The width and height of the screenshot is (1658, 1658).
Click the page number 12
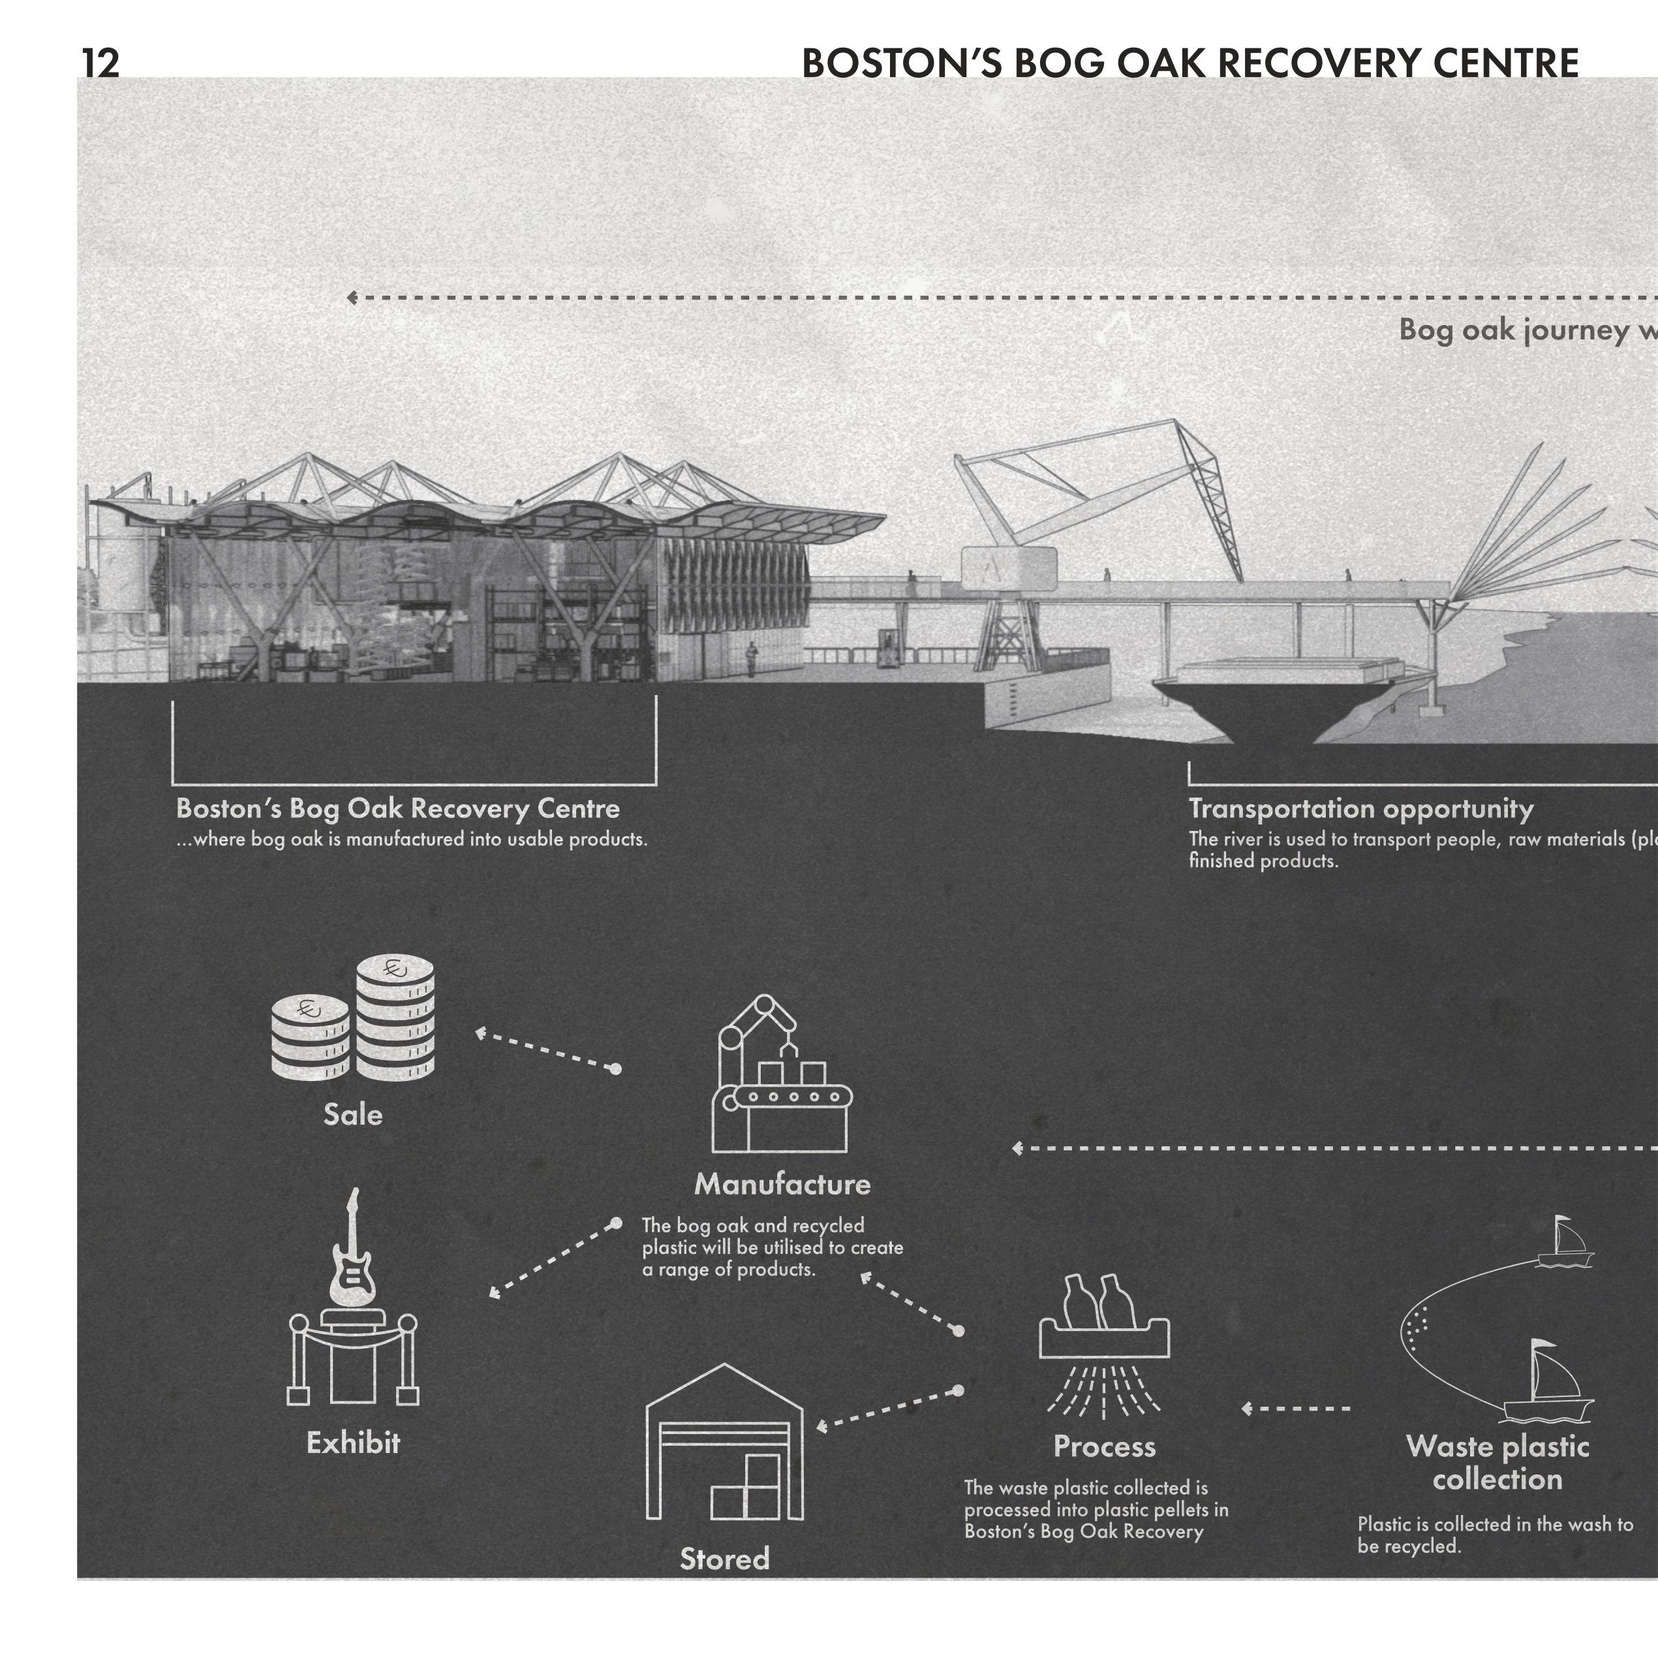tap(100, 63)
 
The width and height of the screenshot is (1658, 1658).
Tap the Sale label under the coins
tap(353, 1114)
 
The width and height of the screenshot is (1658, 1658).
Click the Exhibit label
tap(353, 1443)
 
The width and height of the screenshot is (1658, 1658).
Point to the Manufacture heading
tap(782, 1184)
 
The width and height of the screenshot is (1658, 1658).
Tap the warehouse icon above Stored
tap(724, 1443)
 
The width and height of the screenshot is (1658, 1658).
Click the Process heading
tap(1105, 1447)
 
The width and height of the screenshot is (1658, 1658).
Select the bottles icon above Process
tap(1103, 1317)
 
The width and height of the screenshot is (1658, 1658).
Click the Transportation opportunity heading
tap(1360, 808)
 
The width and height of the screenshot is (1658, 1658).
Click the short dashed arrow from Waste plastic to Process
tap(1296, 1408)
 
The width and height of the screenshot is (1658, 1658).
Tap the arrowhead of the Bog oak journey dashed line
tap(351, 298)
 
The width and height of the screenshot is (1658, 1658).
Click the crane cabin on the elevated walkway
tap(1008, 567)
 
